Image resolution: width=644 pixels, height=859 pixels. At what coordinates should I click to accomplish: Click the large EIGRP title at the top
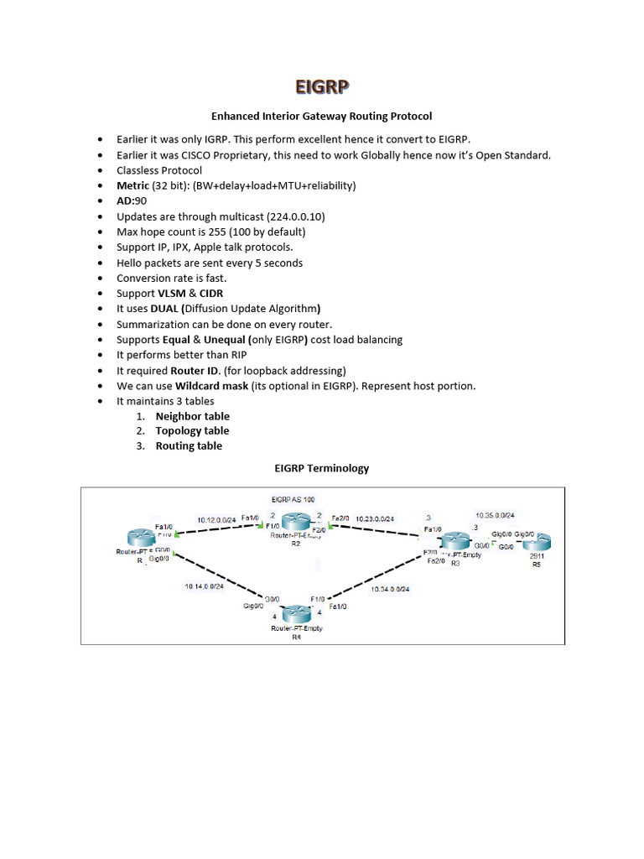click(322, 87)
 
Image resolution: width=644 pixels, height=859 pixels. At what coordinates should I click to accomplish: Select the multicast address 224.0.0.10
click(291, 216)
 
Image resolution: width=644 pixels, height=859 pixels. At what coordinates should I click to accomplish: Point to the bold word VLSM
click(174, 294)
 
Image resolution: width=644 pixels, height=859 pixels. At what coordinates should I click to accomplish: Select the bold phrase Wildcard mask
click(212, 386)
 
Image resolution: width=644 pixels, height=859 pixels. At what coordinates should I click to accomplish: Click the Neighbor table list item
click(192, 416)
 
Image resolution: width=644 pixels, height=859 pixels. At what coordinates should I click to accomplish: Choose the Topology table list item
click(192, 431)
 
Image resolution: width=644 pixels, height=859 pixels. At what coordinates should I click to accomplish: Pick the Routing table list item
click(189, 446)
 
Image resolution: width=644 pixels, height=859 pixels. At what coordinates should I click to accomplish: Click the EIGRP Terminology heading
click(322, 468)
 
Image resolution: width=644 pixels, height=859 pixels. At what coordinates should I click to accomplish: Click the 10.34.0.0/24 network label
click(391, 590)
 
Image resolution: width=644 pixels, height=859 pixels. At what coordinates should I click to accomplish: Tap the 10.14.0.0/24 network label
click(205, 586)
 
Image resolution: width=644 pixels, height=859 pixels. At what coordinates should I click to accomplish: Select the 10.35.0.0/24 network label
click(495, 515)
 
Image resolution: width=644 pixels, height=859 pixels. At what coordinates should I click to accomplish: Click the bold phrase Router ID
click(200, 371)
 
